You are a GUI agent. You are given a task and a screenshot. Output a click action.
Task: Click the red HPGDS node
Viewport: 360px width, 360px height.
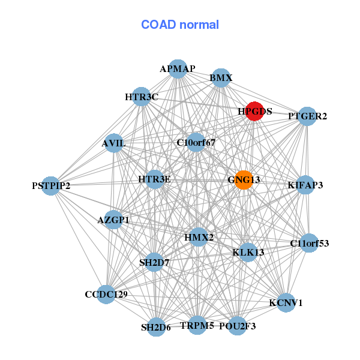pyautogui.click(x=254, y=111)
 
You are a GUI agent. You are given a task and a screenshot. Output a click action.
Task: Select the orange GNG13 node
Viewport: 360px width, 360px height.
pyautogui.click(x=244, y=180)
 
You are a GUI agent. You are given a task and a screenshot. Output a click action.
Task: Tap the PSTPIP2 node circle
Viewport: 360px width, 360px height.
pyautogui.click(x=51, y=186)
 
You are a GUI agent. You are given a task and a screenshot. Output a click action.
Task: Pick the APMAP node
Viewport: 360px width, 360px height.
pyautogui.click(x=178, y=69)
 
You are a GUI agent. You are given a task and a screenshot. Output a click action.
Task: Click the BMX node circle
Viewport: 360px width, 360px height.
pyautogui.click(x=221, y=78)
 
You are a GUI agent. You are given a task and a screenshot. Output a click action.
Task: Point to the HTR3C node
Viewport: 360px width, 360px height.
pyautogui.click(x=142, y=97)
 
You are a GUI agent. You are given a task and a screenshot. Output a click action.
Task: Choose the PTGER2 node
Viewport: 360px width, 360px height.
pyautogui.click(x=307, y=116)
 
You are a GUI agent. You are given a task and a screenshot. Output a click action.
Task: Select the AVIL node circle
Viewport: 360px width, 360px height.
pyautogui.click(x=113, y=143)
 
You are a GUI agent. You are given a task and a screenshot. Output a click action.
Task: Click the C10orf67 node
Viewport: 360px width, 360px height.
pyautogui.click(x=196, y=142)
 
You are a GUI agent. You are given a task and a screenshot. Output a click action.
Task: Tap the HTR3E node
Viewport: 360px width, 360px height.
pyautogui.click(x=155, y=179)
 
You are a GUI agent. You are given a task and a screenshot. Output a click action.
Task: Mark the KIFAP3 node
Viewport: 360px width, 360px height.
pyautogui.click(x=305, y=185)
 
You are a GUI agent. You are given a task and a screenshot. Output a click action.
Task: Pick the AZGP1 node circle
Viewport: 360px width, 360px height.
pyautogui.click(x=113, y=220)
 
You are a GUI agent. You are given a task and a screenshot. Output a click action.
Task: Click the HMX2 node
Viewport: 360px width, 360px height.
pyautogui.click(x=199, y=237)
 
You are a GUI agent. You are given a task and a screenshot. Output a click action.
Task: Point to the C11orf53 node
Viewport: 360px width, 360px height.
pyautogui.click(x=310, y=243)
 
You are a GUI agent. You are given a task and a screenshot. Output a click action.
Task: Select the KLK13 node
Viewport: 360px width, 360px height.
pyautogui.click(x=248, y=253)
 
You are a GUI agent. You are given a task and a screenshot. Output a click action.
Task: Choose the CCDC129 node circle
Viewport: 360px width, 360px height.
pyautogui.click(x=106, y=295)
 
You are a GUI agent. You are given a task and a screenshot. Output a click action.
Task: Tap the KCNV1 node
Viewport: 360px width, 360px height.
pyautogui.click(x=286, y=302)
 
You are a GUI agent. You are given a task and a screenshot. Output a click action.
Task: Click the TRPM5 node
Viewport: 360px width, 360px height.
pyautogui.click(x=197, y=325)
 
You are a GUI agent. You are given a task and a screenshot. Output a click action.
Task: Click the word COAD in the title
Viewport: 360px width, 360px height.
pyautogui.click(x=158, y=25)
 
